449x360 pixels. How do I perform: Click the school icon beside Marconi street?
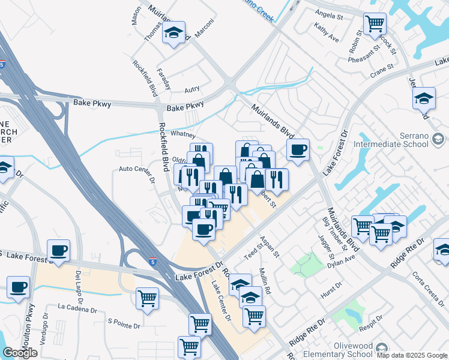pos(173,34)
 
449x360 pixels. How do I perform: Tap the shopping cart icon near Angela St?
pos(375,24)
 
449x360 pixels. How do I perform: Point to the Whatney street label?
pos(183,134)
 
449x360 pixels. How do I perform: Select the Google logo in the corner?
pos(19,353)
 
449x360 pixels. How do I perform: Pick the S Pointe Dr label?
pos(123,321)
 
